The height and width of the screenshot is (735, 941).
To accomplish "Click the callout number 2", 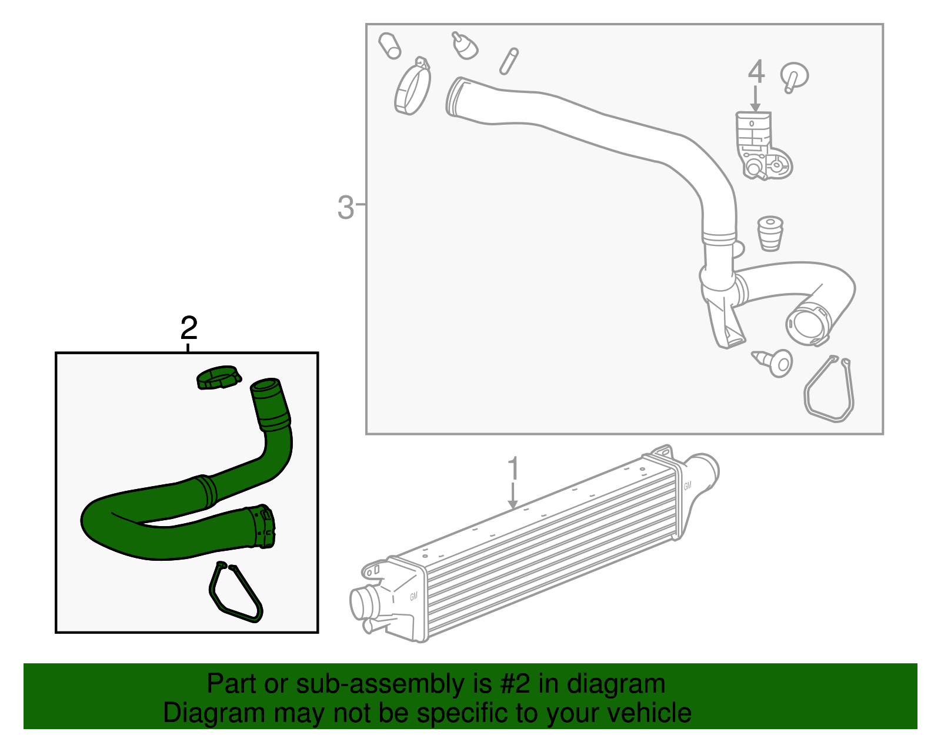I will [188, 328].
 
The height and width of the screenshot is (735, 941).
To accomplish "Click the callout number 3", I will [346, 207].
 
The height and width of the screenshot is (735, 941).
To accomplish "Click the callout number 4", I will [756, 72].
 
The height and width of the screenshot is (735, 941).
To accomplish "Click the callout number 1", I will [513, 469].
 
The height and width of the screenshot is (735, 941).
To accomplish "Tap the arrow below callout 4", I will [756, 98].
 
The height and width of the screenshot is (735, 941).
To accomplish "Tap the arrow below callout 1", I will [513, 495].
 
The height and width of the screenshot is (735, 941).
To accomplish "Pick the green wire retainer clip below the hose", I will [235, 593].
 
